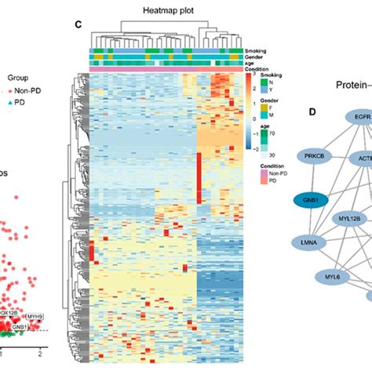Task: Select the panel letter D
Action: click(x=312, y=112)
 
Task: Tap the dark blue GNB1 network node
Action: click(x=309, y=200)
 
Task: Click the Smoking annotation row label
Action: click(x=257, y=50)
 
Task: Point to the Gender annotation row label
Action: click(x=256, y=57)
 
